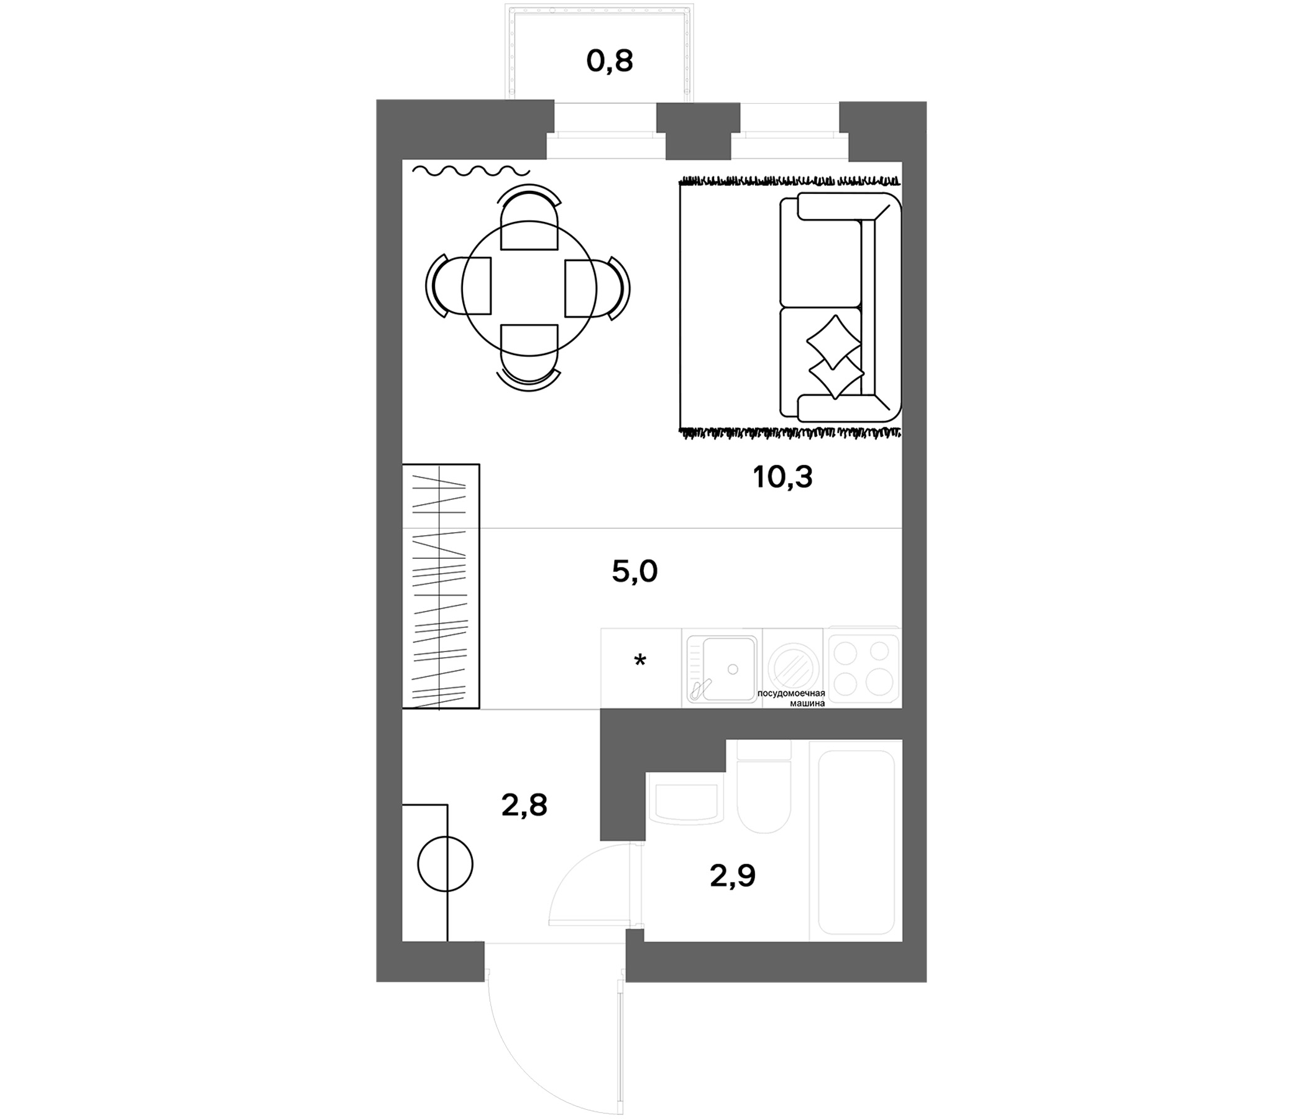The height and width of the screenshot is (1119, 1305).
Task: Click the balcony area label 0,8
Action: point(609,62)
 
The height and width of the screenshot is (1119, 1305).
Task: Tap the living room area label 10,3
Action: point(782,477)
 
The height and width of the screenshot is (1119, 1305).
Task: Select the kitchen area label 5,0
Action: point(634,571)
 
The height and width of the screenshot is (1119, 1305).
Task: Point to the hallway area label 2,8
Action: point(524,804)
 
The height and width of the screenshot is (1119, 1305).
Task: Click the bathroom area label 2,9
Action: point(733,875)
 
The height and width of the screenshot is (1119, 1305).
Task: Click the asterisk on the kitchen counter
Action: point(640,661)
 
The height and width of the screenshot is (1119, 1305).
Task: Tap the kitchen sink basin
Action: point(721,668)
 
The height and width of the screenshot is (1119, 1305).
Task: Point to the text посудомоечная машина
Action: point(791,698)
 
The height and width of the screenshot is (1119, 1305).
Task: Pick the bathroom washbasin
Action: point(687,803)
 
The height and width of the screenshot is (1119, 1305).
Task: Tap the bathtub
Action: point(856,842)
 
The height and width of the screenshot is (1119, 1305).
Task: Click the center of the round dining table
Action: point(529,288)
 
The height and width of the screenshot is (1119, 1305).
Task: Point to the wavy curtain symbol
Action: point(471,170)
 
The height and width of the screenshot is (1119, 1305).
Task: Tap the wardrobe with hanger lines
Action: point(441,587)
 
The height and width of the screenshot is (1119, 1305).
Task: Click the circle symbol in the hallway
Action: point(446,864)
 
